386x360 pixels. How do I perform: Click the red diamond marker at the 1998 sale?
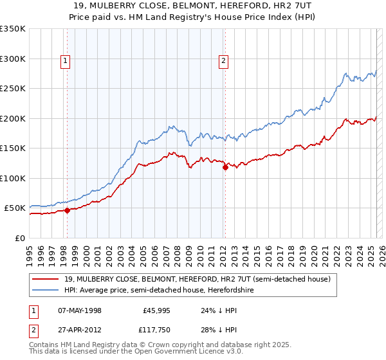(x=67, y=210)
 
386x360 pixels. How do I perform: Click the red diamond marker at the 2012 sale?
(x=225, y=168)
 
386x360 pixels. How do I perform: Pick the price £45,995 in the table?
(x=155, y=310)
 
